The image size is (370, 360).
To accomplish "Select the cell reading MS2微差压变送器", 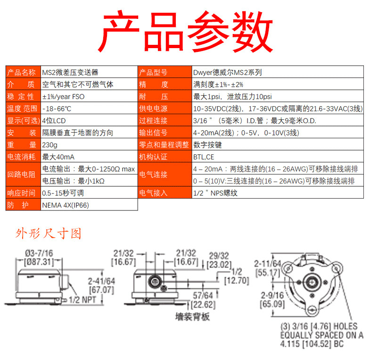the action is [x=70, y=72].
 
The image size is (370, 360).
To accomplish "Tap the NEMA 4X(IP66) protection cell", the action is [x=66, y=205].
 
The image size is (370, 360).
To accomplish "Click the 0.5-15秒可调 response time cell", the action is [x=63, y=193].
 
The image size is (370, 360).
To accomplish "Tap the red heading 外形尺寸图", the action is [x=49, y=234].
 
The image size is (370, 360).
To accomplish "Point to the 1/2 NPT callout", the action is [x=82, y=299].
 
